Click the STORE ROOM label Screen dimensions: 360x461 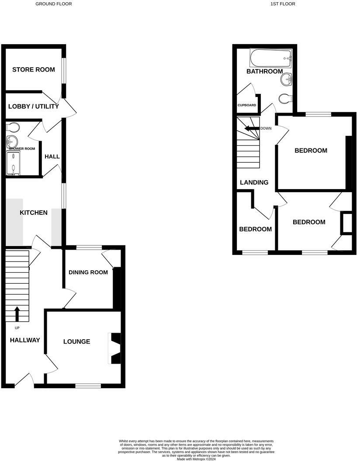pyautogui.click(x=34, y=70)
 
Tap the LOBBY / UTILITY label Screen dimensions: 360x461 pyautogui.click(x=34, y=107)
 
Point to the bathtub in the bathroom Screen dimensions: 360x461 pyautogui.click(x=271, y=58)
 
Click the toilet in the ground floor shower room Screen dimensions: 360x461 pyautogui.click(x=13, y=127)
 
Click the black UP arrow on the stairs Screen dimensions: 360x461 pyautogui.click(x=17, y=314)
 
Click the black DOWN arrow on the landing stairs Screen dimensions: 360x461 pyautogui.click(x=252, y=128)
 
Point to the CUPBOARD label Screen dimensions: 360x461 pyautogui.click(x=247, y=105)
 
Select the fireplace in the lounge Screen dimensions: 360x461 pyautogui.click(x=115, y=348)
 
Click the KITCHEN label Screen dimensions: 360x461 pyautogui.click(x=34, y=213)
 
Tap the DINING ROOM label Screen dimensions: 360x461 pyautogui.click(x=88, y=272)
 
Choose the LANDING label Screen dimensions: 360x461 pyautogui.click(x=254, y=182)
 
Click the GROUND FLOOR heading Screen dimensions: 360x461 pyautogui.click(x=54, y=4)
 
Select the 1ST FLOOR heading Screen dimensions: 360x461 pyautogui.click(x=283, y=4)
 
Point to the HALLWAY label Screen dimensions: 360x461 pyautogui.click(x=25, y=340)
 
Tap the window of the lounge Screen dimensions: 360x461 pyautogui.click(x=88, y=386)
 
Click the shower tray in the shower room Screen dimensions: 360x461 pyautogui.click(x=13, y=163)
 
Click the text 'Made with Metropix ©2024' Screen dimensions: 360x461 pyautogui.click(x=196, y=459)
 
